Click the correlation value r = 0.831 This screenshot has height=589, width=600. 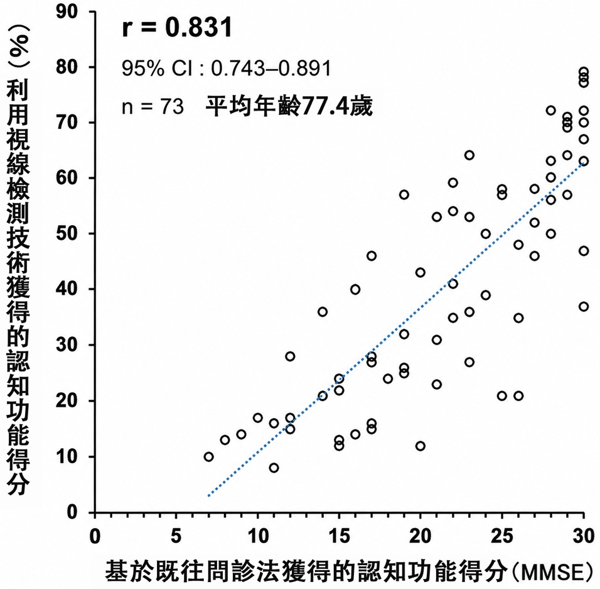(177, 27)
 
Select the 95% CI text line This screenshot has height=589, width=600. (226, 69)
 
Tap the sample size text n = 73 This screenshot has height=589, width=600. (153, 106)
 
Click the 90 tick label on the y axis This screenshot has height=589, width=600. (67, 12)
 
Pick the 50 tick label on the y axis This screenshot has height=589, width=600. (67, 233)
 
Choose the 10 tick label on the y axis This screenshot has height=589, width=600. (67, 456)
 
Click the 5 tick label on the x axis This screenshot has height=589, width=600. (176, 536)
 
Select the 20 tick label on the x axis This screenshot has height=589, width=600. (420, 536)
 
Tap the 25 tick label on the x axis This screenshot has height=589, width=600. (501, 536)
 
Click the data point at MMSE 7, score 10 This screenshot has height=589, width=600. (208, 457)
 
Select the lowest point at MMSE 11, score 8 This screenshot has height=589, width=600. (274, 468)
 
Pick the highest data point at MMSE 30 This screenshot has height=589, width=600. (583, 72)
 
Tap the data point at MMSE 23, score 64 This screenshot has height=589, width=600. (469, 155)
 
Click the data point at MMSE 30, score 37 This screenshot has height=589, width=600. (583, 307)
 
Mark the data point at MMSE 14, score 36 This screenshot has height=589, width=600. (323, 312)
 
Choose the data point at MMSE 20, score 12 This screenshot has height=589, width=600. (420, 446)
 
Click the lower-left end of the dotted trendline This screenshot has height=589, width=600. (208, 496)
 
